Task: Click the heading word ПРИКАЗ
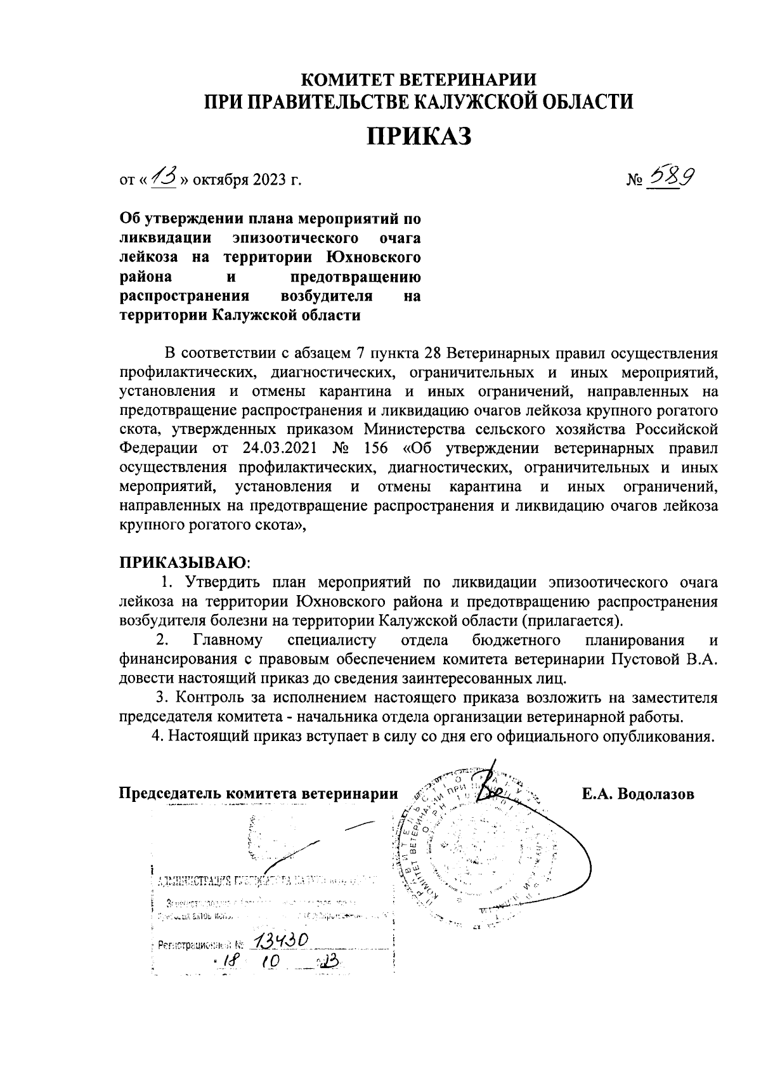(419, 136)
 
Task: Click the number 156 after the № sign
(376, 449)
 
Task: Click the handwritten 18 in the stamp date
(226, 962)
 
